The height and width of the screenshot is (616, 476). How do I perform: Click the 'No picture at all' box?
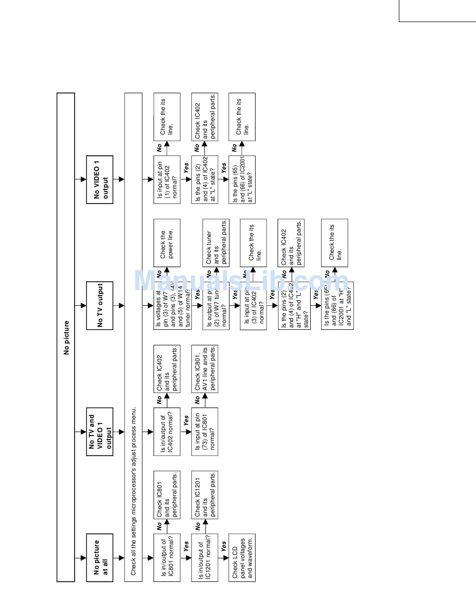(100, 557)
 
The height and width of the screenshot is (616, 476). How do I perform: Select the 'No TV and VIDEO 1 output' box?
(100, 432)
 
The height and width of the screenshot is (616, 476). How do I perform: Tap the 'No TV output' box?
(100, 305)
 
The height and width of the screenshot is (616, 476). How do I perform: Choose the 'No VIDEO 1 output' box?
(100, 179)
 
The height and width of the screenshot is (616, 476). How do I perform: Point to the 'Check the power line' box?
(167, 242)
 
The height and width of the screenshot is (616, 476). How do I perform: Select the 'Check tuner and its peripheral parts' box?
(216, 242)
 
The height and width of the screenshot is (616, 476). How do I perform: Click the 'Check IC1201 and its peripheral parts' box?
(205, 495)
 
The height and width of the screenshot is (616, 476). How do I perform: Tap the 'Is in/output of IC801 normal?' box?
(167, 557)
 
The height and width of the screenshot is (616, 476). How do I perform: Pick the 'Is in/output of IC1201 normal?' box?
(205, 557)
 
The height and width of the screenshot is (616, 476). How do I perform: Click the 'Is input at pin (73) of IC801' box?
(205, 432)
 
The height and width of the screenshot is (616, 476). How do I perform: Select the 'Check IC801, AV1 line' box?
(205, 368)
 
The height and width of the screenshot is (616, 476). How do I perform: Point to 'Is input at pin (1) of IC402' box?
(167, 179)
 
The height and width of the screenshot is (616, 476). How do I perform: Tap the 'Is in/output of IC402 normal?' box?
(167, 432)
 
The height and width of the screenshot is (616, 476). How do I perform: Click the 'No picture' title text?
(67, 337)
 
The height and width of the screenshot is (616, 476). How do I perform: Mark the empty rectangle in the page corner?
(437, 11)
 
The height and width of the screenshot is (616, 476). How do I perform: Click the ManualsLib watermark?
(241, 281)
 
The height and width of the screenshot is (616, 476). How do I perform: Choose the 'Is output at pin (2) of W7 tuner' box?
(216, 305)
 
